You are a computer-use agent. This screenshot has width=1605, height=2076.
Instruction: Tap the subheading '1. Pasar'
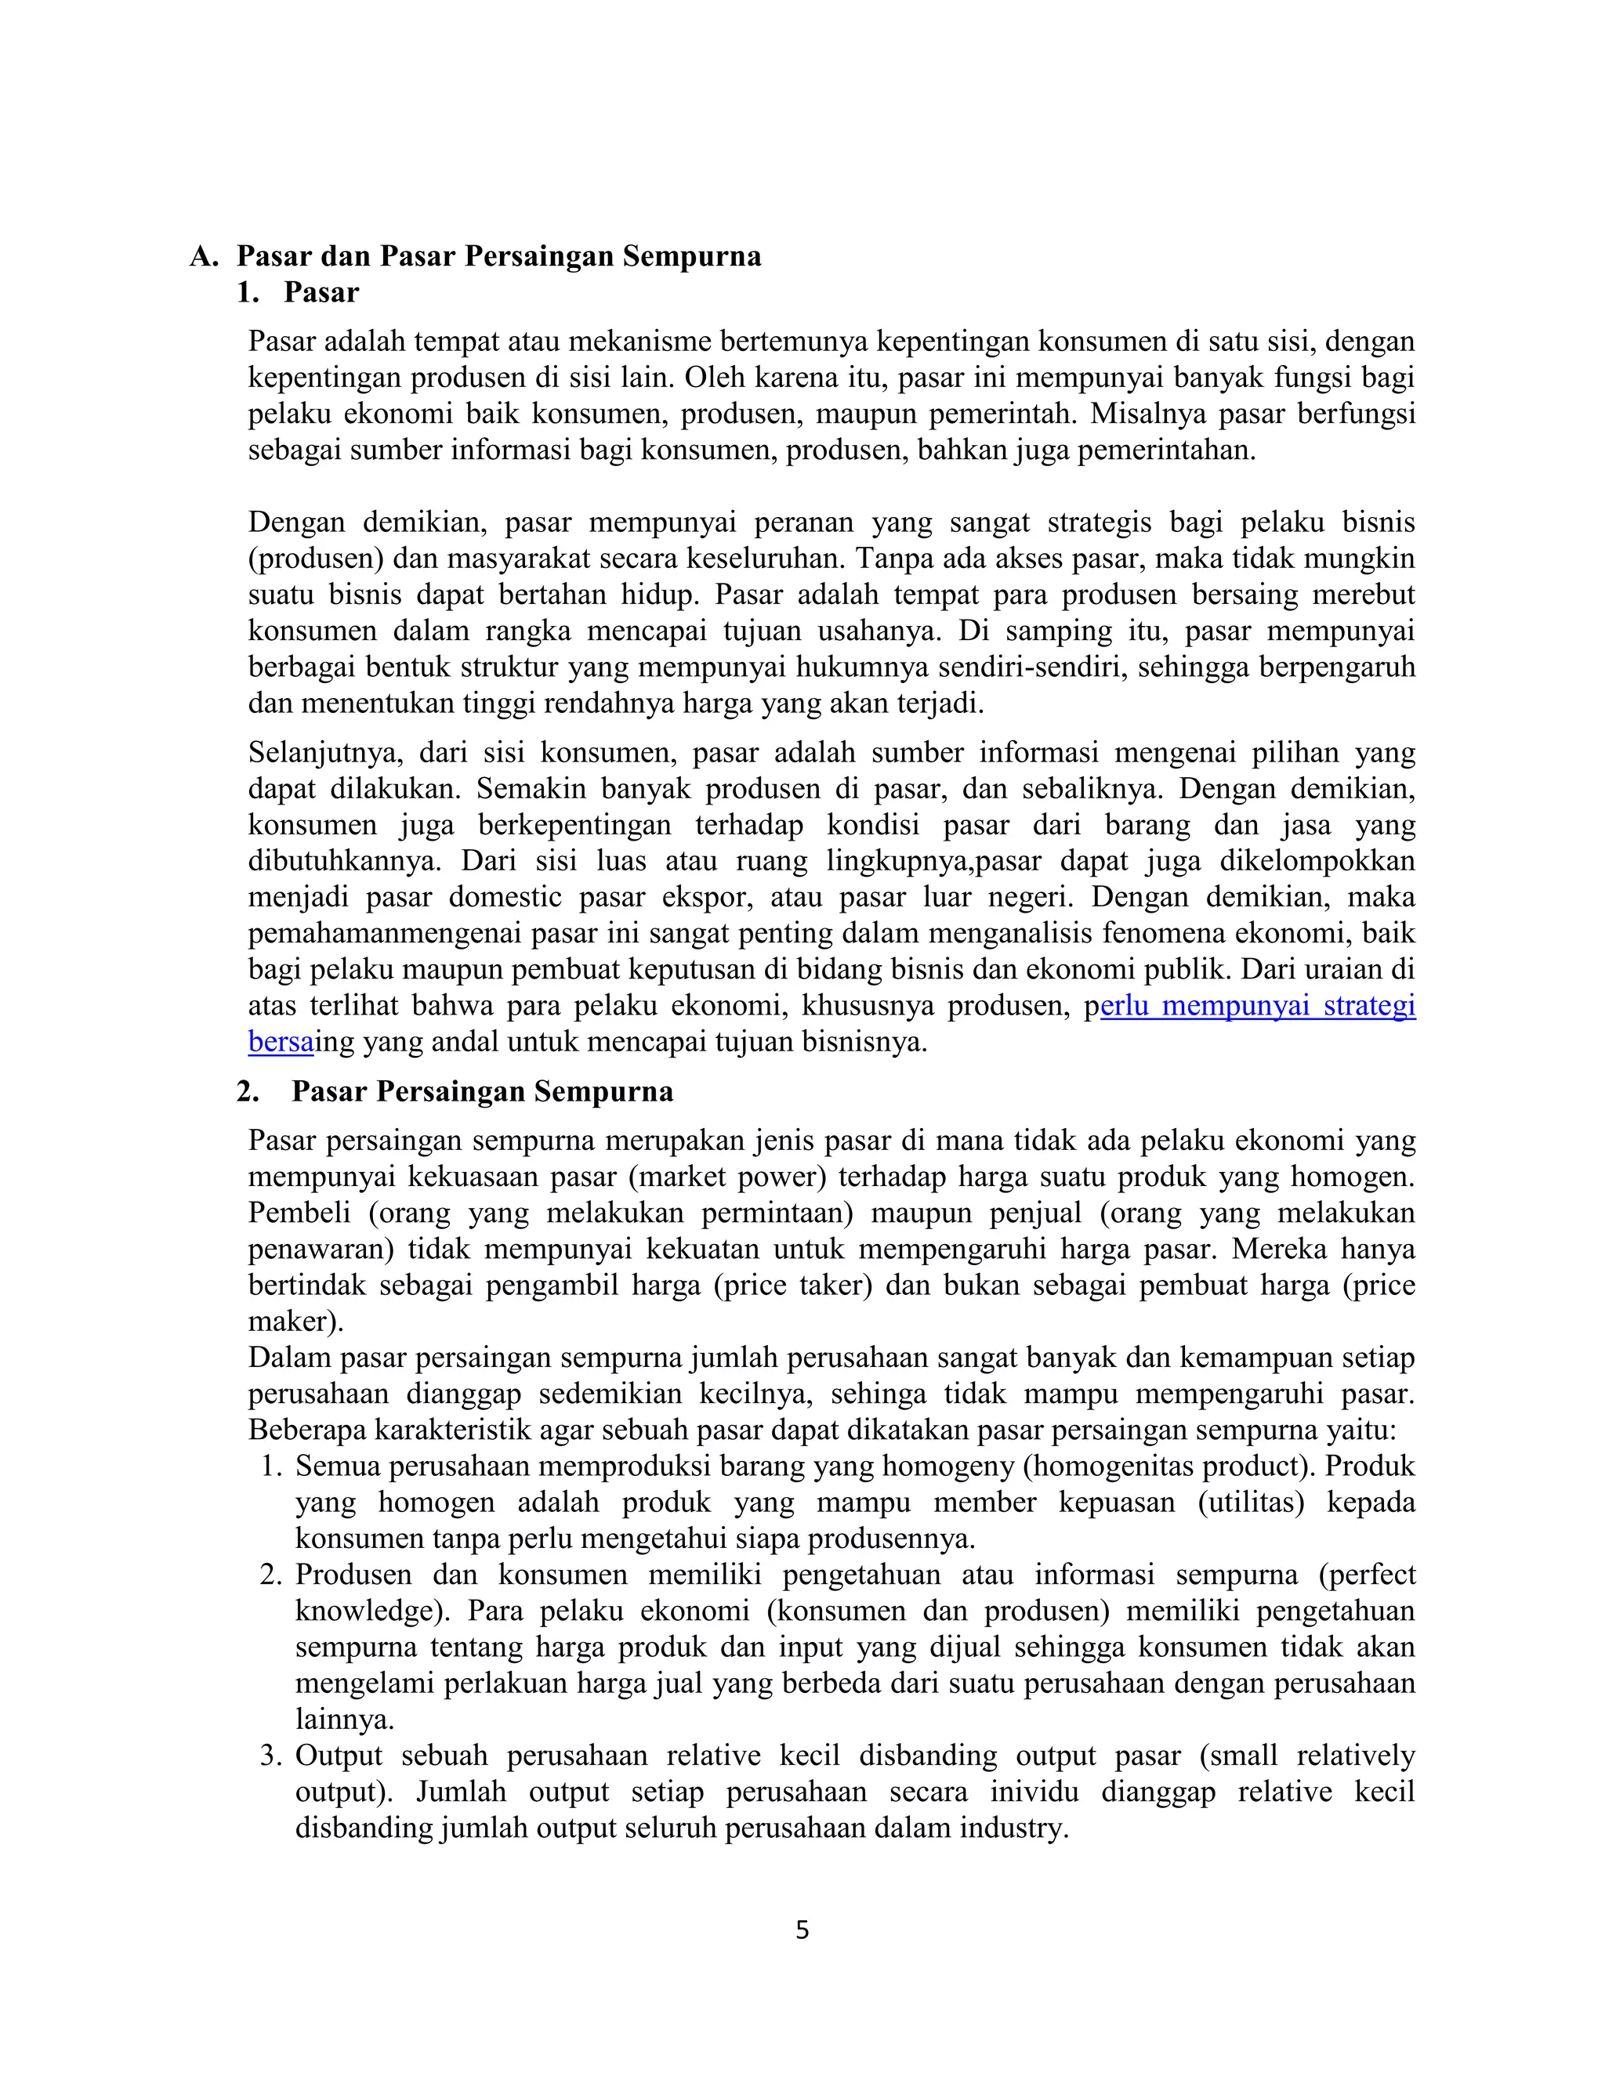298,293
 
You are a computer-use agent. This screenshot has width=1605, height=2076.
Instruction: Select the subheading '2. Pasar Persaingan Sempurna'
455,1091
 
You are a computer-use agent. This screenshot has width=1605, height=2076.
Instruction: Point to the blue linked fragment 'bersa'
281,1042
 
